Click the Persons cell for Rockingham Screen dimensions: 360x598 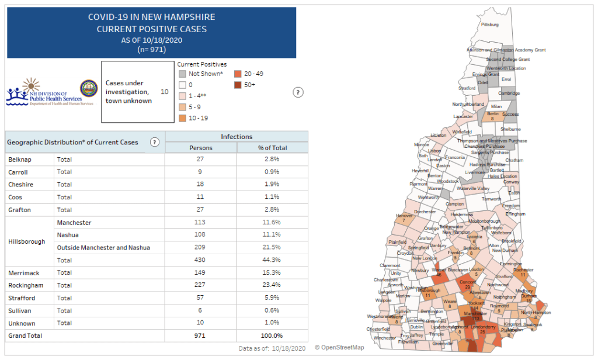coord(201,285)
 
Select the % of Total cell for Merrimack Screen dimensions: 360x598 coord(272,272)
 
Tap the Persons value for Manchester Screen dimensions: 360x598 coord(201,222)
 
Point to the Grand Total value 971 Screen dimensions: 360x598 coord(201,336)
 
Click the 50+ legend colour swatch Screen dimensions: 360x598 coord(238,85)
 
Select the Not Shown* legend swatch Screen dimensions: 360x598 coord(182,74)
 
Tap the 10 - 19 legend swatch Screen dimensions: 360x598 coord(182,118)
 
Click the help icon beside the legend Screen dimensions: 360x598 coord(298,92)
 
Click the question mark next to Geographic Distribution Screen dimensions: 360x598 coord(155,142)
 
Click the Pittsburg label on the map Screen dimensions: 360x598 coord(489,25)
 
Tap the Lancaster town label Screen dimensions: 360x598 coord(463,116)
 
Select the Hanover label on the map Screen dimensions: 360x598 coord(404,216)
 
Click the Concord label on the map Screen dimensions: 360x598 coord(468,282)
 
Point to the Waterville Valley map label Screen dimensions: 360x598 coord(473,189)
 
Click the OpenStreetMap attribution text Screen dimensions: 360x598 coord(339,348)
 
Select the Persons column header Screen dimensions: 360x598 coord(201,148)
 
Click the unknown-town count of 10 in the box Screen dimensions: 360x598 coord(164,92)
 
